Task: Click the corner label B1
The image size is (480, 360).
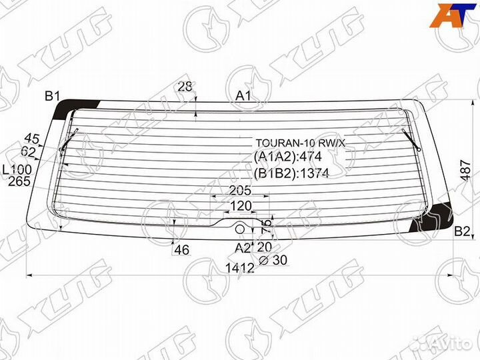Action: tap(53, 96)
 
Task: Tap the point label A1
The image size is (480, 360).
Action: tap(243, 96)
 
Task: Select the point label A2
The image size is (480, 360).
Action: tap(242, 248)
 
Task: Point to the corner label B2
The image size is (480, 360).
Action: tap(462, 231)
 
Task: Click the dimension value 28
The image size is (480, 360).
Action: tap(185, 85)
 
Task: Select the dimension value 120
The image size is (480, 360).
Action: tap(240, 205)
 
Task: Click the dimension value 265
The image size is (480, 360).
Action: tap(20, 180)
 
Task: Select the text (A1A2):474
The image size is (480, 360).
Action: tap(287, 157)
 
